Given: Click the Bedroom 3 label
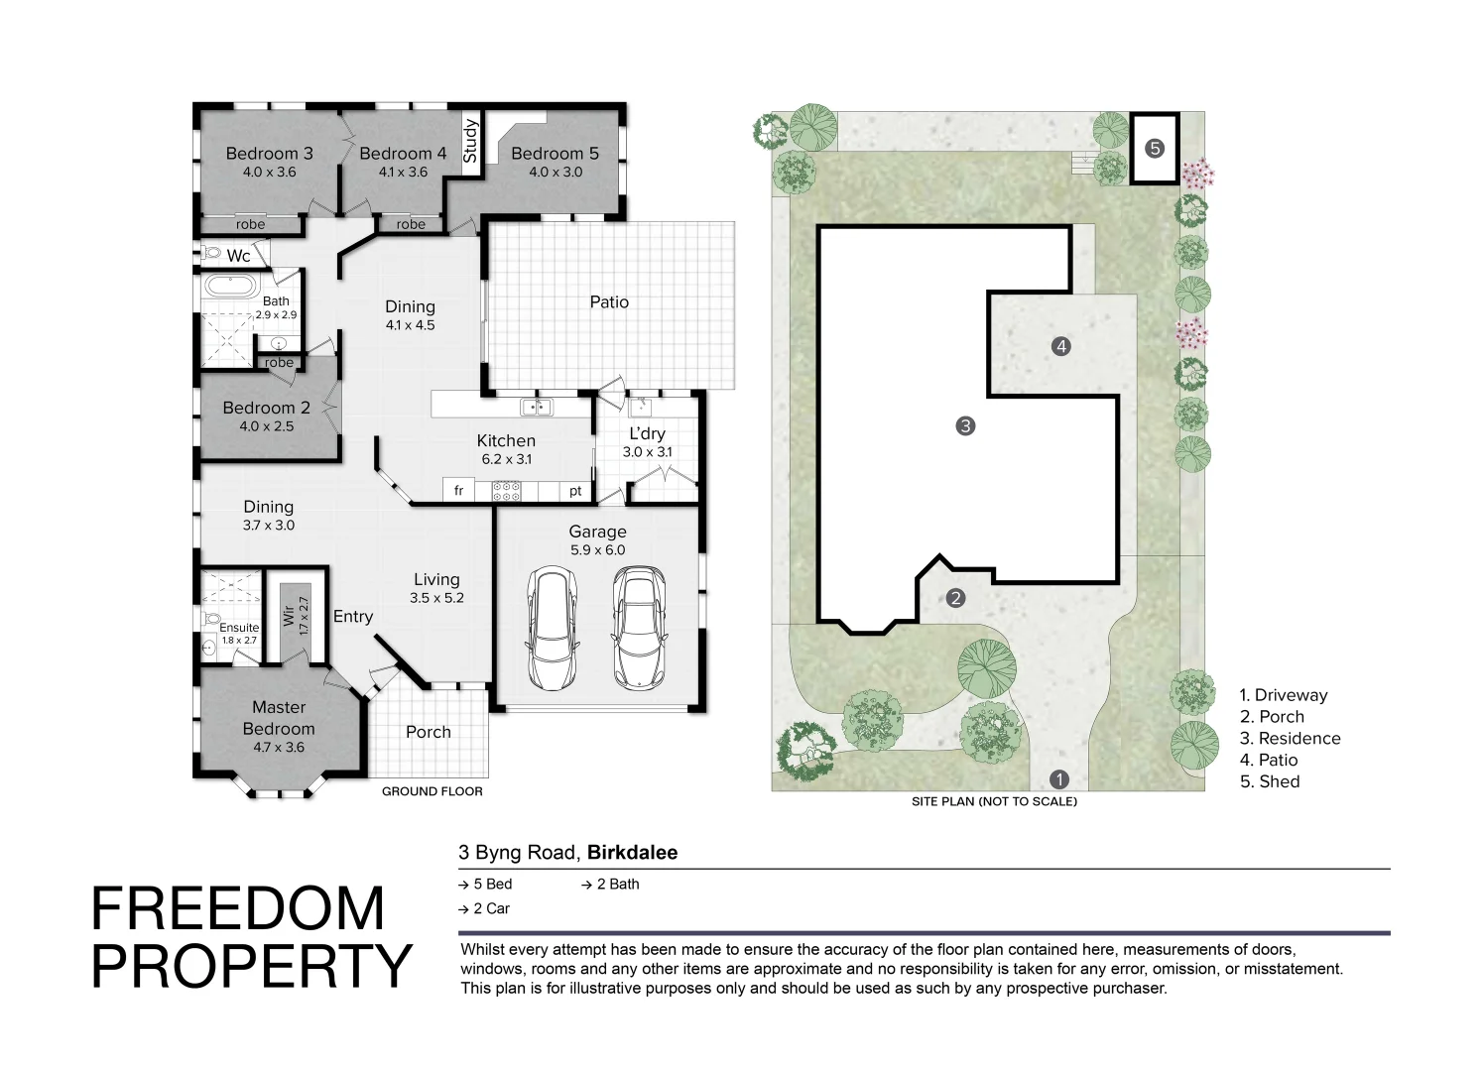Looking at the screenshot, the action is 269,154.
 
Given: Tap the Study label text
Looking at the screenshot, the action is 470,141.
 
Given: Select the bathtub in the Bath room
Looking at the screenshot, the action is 231,287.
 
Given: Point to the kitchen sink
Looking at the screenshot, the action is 537,407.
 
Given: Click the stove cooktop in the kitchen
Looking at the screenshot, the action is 506,491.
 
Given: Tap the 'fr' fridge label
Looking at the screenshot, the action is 459,491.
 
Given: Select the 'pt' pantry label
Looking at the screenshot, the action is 575,491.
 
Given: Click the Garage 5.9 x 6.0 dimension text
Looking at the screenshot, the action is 598,550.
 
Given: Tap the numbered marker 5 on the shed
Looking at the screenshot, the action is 1155,149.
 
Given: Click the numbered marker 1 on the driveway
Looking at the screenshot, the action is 1059,779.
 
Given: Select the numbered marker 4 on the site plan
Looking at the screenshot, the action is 1061,346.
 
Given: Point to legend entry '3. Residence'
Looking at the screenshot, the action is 1290,738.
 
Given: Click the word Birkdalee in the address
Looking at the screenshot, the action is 632,853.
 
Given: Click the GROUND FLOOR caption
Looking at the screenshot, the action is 433,791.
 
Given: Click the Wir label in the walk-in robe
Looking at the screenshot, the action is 289,616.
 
